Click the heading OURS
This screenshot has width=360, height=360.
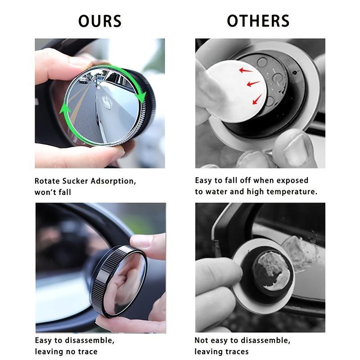100,21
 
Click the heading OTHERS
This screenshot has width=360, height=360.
258,21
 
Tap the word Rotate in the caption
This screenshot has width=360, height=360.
48,181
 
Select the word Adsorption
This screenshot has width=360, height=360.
114,181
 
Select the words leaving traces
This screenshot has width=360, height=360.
221,351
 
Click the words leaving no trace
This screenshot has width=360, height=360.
66,351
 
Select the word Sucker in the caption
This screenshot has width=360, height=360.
75,181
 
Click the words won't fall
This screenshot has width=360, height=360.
53,192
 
